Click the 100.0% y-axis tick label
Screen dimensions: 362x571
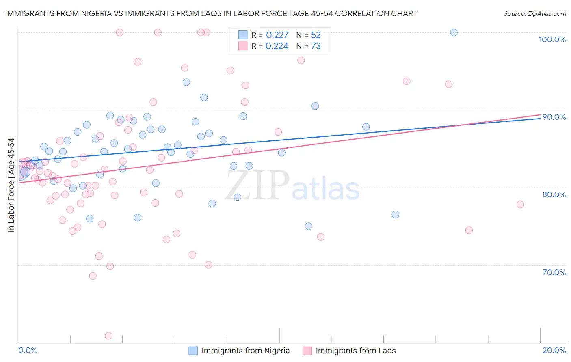(552, 39)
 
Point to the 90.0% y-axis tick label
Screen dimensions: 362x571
(554, 117)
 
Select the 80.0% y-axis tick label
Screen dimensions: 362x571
(554, 194)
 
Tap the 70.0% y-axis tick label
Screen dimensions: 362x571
(554, 272)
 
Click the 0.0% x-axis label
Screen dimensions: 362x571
(28, 350)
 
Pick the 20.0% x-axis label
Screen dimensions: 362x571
(554, 350)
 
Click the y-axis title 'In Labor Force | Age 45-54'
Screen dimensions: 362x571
(11, 185)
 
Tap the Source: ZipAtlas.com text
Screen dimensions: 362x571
(534, 13)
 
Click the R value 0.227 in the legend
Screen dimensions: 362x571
(277, 35)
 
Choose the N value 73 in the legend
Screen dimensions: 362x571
(316, 46)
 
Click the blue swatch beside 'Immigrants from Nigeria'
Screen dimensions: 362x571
(193, 351)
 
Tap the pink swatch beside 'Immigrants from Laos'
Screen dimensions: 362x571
(307, 351)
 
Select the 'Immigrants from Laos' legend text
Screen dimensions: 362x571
(355, 351)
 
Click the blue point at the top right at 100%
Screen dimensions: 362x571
(454, 32)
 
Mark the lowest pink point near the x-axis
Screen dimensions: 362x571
(108, 336)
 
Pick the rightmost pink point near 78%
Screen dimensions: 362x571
(520, 204)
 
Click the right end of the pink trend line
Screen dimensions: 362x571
(540, 115)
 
